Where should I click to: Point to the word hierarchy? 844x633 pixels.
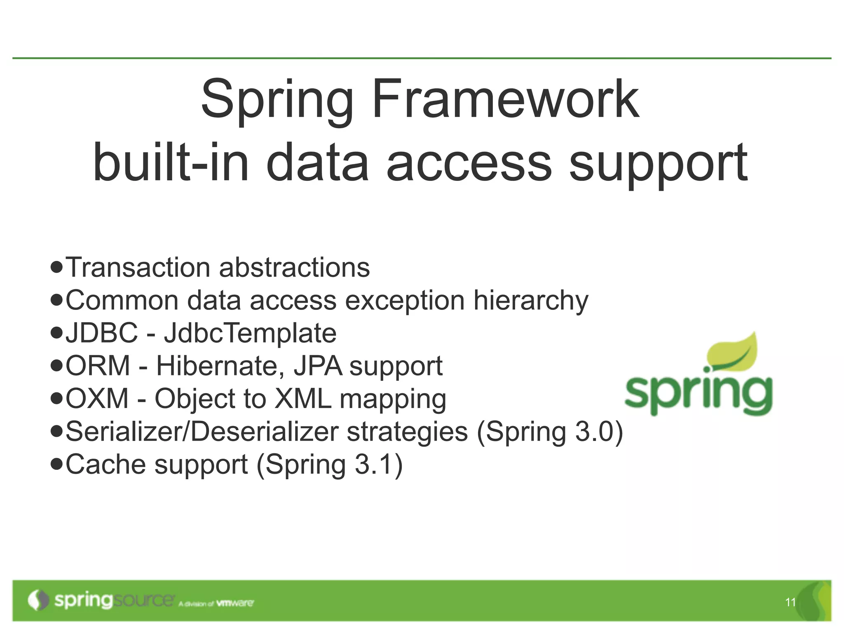531,300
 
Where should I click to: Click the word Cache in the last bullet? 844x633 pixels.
106,464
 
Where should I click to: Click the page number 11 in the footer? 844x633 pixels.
790,603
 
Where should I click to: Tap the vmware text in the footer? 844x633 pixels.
235,603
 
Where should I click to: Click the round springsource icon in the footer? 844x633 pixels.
38,600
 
